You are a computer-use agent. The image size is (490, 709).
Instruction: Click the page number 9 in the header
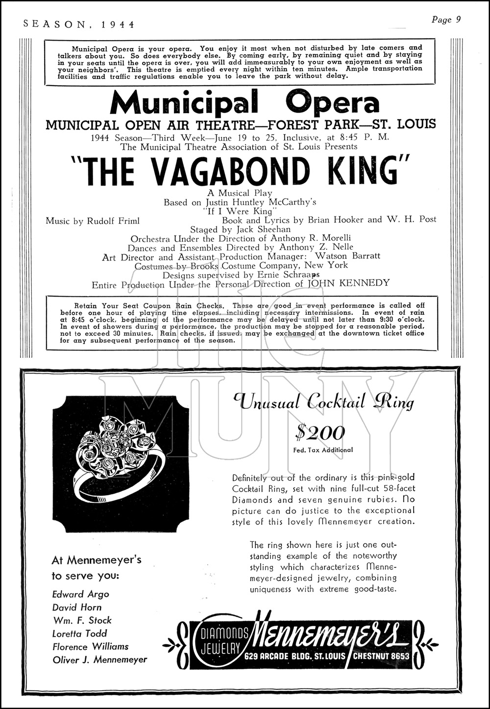pos(458,20)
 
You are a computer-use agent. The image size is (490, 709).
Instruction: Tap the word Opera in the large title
pos(333,103)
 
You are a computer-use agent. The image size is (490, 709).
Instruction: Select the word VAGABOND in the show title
pos(230,171)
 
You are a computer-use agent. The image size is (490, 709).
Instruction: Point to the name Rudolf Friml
pos(113,221)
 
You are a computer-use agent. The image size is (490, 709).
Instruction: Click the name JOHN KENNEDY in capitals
pos(348,283)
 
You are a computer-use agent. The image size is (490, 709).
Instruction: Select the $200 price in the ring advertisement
pos(320,433)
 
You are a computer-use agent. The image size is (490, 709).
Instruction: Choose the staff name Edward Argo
pos(80,594)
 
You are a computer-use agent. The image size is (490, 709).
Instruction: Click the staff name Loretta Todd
pos(79,634)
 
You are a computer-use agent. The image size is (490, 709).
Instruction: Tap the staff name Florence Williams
pos(90,647)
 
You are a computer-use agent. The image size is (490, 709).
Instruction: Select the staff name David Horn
pos(77,608)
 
